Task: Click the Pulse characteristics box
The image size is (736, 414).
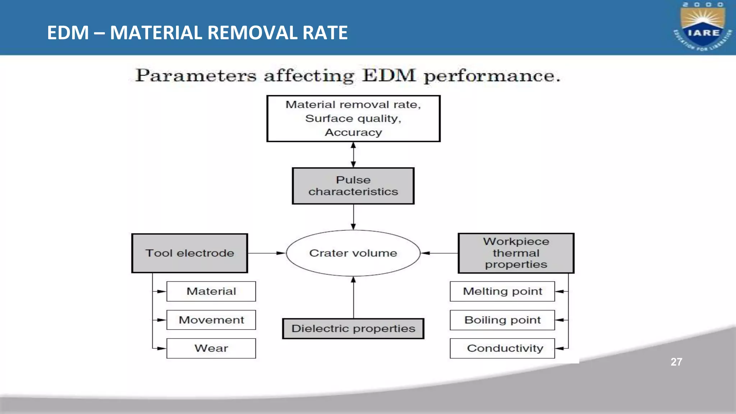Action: click(x=353, y=186)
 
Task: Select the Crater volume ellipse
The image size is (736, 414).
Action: click(x=353, y=253)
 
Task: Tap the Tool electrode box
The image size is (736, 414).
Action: click(x=189, y=253)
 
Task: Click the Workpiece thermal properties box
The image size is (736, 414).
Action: click(x=516, y=253)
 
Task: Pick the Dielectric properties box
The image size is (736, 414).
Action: click(x=353, y=328)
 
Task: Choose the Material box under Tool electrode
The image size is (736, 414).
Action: click(x=211, y=291)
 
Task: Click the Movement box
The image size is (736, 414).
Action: click(x=211, y=320)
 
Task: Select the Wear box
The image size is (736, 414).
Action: click(x=211, y=348)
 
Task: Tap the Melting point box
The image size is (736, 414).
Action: click(x=502, y=291)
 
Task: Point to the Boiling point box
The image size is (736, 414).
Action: click(x=502, y=320)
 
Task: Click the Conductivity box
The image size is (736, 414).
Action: click(x=502, y=348)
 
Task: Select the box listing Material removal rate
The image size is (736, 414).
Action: click(x=353, y=118)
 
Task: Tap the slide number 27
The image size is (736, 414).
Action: click(x=676, y=362)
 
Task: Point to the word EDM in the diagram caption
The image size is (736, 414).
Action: click(x=389, y=76)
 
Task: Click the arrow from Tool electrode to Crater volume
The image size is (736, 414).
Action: click(x=267, y=253)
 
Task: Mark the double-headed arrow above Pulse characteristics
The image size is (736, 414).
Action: click(x=353, y=155)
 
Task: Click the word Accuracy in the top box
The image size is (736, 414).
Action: click(x=353, y=133)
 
